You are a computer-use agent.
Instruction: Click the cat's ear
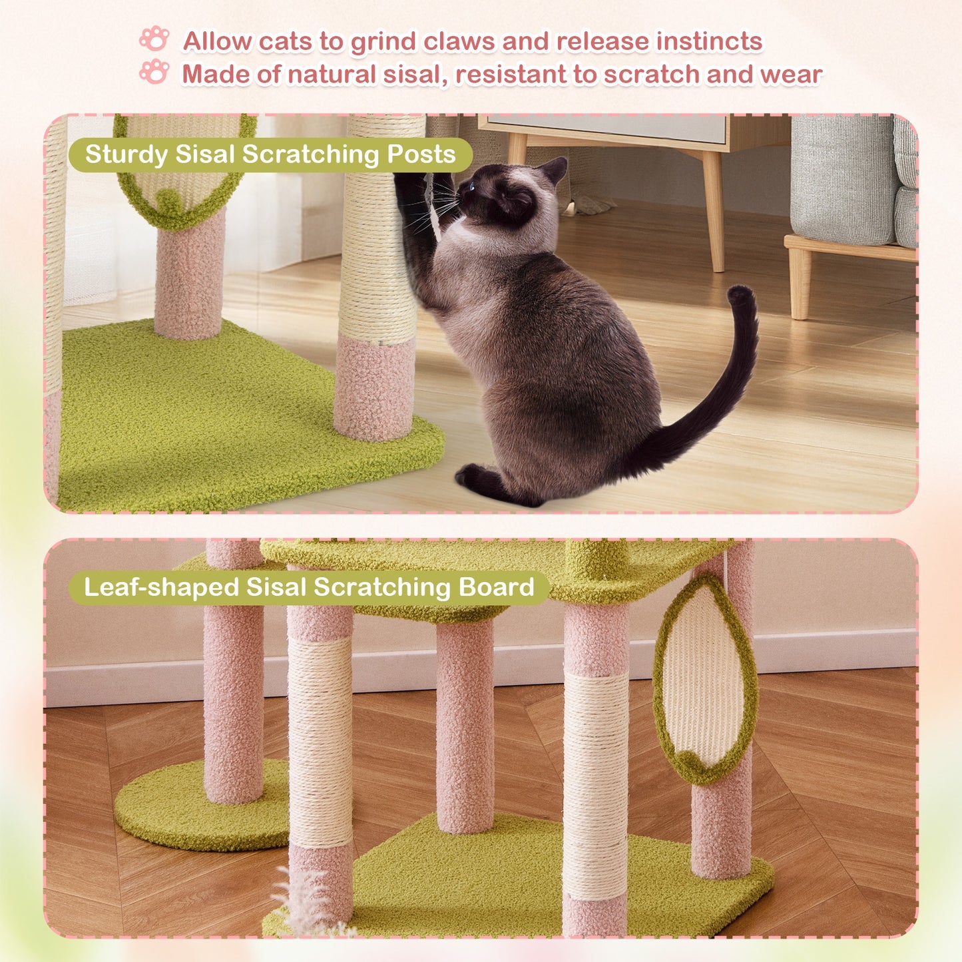click(x=554, y=170)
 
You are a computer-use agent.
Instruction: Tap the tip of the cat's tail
click(x=740, y=294)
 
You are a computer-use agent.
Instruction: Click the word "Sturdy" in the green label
click(x=126, y=154)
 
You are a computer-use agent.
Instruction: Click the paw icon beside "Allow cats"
click(x=154, y=39)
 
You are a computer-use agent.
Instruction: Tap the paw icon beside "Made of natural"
click(x=154, y=71)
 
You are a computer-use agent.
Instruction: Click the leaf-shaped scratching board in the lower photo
click(x=704, y=679)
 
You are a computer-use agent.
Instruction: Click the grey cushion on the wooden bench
click(x=842, y=180)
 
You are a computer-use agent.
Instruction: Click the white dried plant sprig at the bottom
click(x=303, y=902)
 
